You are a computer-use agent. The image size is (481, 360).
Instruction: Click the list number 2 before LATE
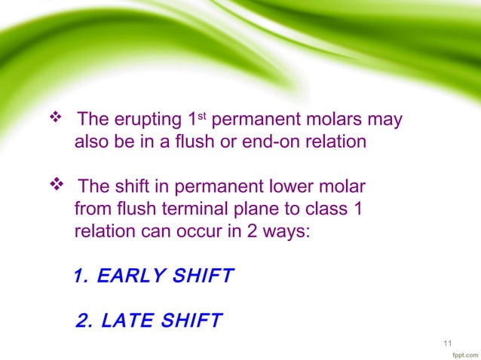tap(84, 322)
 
